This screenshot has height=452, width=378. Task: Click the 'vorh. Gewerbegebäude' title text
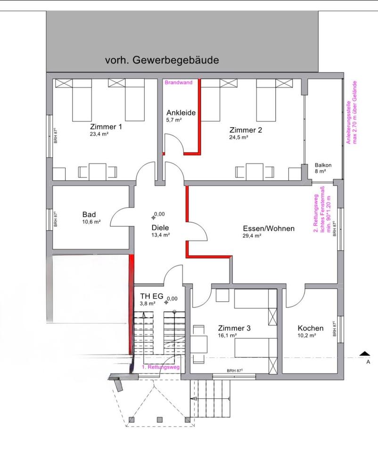(162, 60)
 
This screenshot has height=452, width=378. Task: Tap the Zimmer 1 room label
(106, 127)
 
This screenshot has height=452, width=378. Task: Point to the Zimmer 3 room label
(234, 328)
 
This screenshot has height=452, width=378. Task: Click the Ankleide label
(181, 113)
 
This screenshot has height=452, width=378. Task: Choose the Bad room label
(89, 215)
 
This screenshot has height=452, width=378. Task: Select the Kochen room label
(311, 328)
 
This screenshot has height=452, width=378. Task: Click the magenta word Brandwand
(178, 82)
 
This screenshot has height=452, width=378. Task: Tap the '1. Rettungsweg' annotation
(160, 367)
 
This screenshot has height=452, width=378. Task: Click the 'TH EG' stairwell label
(152, 296)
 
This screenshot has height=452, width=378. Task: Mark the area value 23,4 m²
(99, 134)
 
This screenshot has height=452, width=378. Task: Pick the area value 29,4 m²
(252, 236)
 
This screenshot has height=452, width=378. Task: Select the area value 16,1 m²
(227, 335)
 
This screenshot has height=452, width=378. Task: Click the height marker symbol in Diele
(154, 217)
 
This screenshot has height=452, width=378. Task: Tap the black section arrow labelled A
(363, 354)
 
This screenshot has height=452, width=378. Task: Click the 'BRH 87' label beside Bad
(56, 219)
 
